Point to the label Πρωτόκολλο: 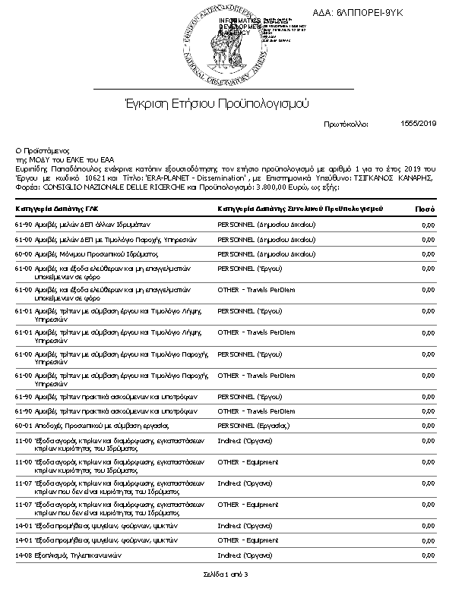pos(346,124)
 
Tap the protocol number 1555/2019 pos(419,123)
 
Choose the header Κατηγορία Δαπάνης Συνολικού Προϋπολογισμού pos(299,208)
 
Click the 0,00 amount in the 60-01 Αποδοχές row pos(428,425)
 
